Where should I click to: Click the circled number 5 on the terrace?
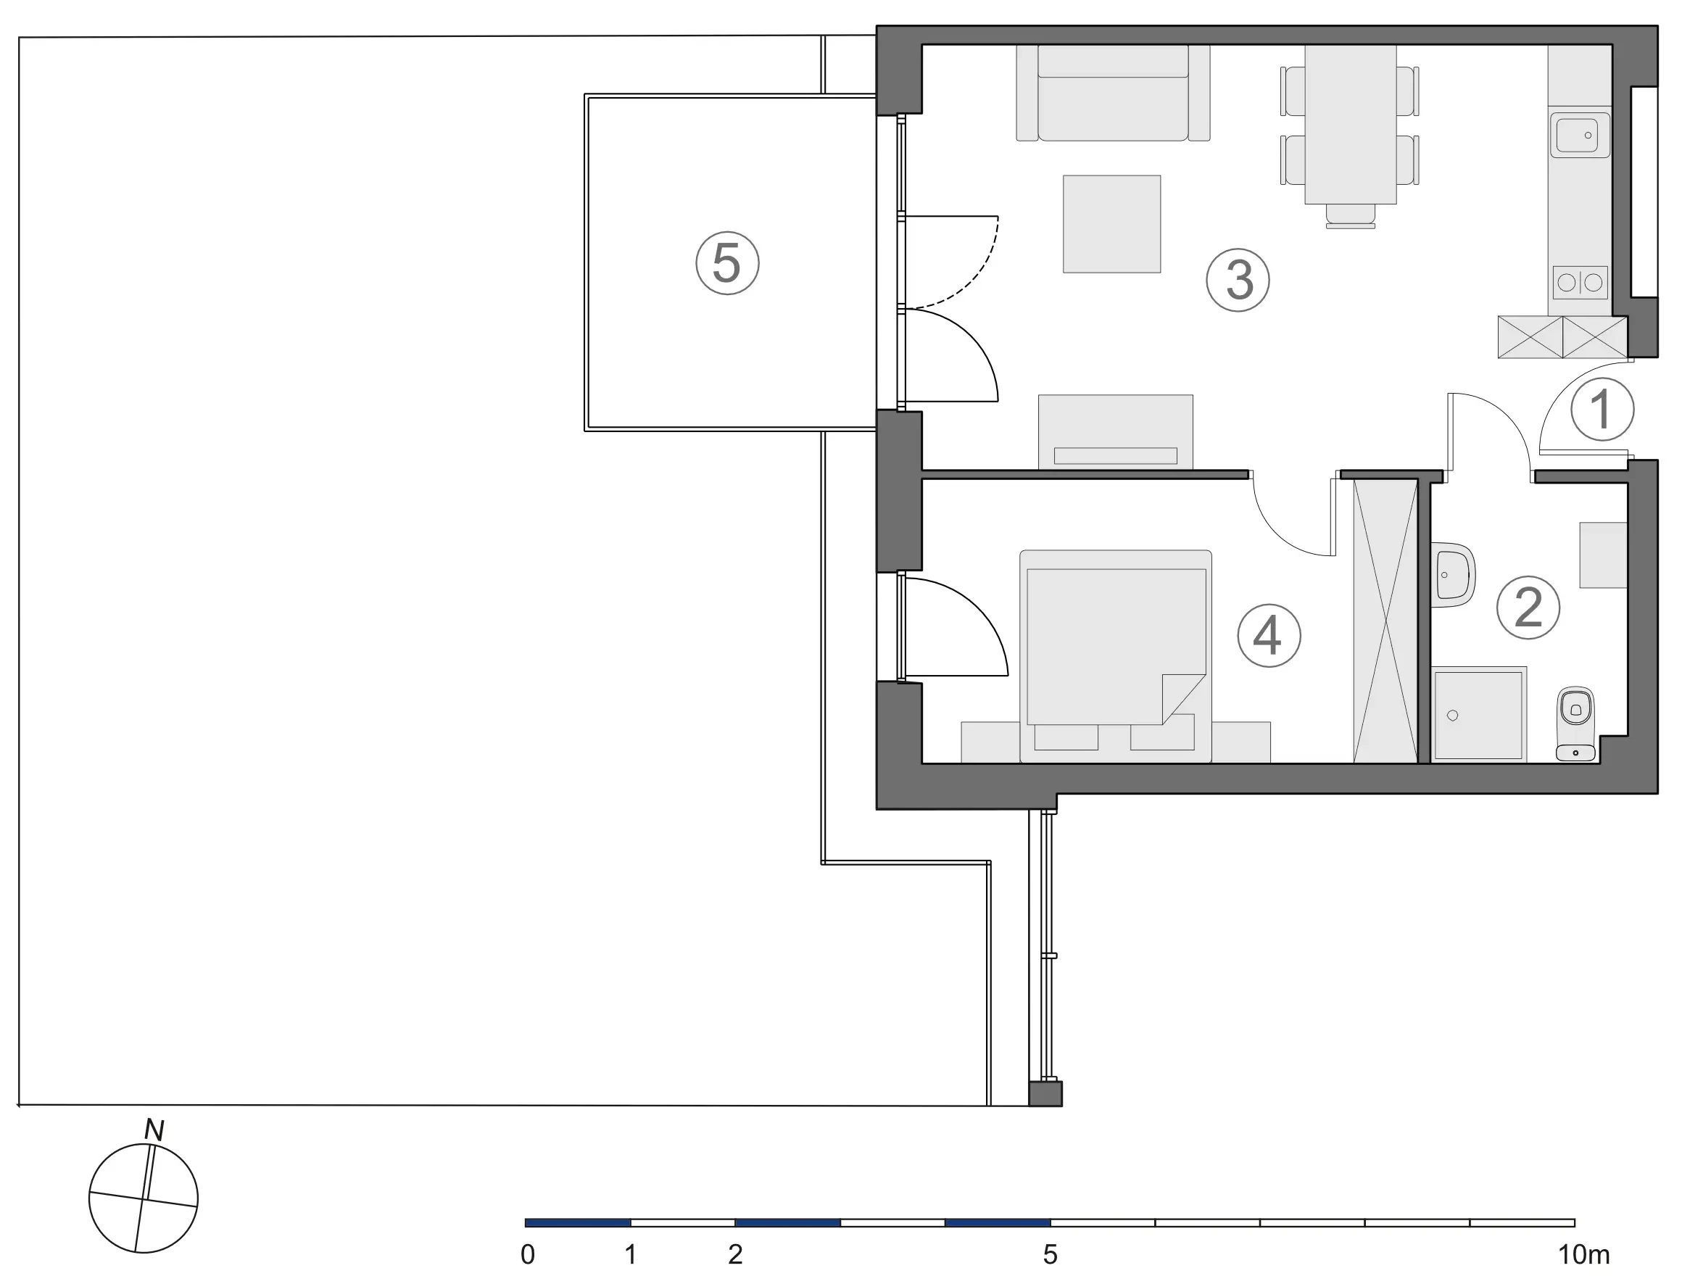pyautogui.click(x=727, y=263)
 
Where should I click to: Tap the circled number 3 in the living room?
pyautogui.click(x=1238, y=280)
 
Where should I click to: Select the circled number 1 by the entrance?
pyautogui.click(x=1602, y=409)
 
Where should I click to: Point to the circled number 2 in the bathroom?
pyautogui.click(x=1528, y=608)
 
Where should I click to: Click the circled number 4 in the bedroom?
pyautogui.click(x=1269, y=636)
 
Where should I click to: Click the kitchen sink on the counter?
pyautogui.click(x=1580, y=136)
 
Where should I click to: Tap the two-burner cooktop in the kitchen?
pyautogui.click(x=1580, y=283)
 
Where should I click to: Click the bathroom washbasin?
pyautogui.click(x=1453, y=575)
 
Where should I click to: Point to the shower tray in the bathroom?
pyautogui.click(x=1478, y=714)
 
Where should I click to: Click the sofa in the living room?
pyautogui.click(x=1113, y=93)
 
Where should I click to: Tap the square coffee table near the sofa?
pyautogui.click(x=1111, y=224)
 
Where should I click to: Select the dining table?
pyautogui.click(x=1351, y=124)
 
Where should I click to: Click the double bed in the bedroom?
pyautogui.click(x=1116, y=655)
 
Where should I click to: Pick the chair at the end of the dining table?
pyautogui.click(x=1351, y=216)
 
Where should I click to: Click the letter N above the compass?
pyautogui.click(x=154, y=1130)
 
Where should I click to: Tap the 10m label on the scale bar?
pyautogui.click(x=1584, y=1254)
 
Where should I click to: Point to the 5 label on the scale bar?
pyautogui.click(x=1050, y=1254)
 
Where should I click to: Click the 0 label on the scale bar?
pyautogui.click(x=528, y=1254)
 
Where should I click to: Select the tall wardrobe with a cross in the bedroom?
pyautogui.click(x=1385, y=621)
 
